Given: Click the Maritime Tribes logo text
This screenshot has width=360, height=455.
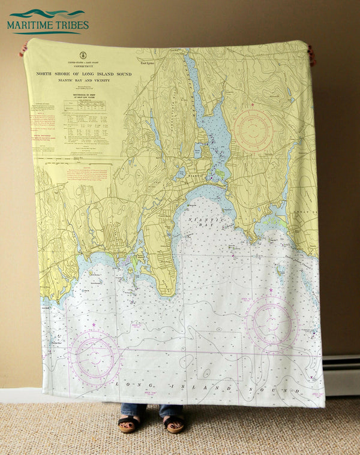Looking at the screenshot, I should pyautogui.click(x=48, y=25).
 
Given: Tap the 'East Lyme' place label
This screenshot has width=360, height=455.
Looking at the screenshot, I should pyautogui.click(x=148, y=62).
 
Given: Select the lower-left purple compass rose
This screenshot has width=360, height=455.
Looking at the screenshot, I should pyautogui.click(x=94, y=357).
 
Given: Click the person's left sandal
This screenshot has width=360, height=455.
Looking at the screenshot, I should pyautogui.click(x=127, y=425).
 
